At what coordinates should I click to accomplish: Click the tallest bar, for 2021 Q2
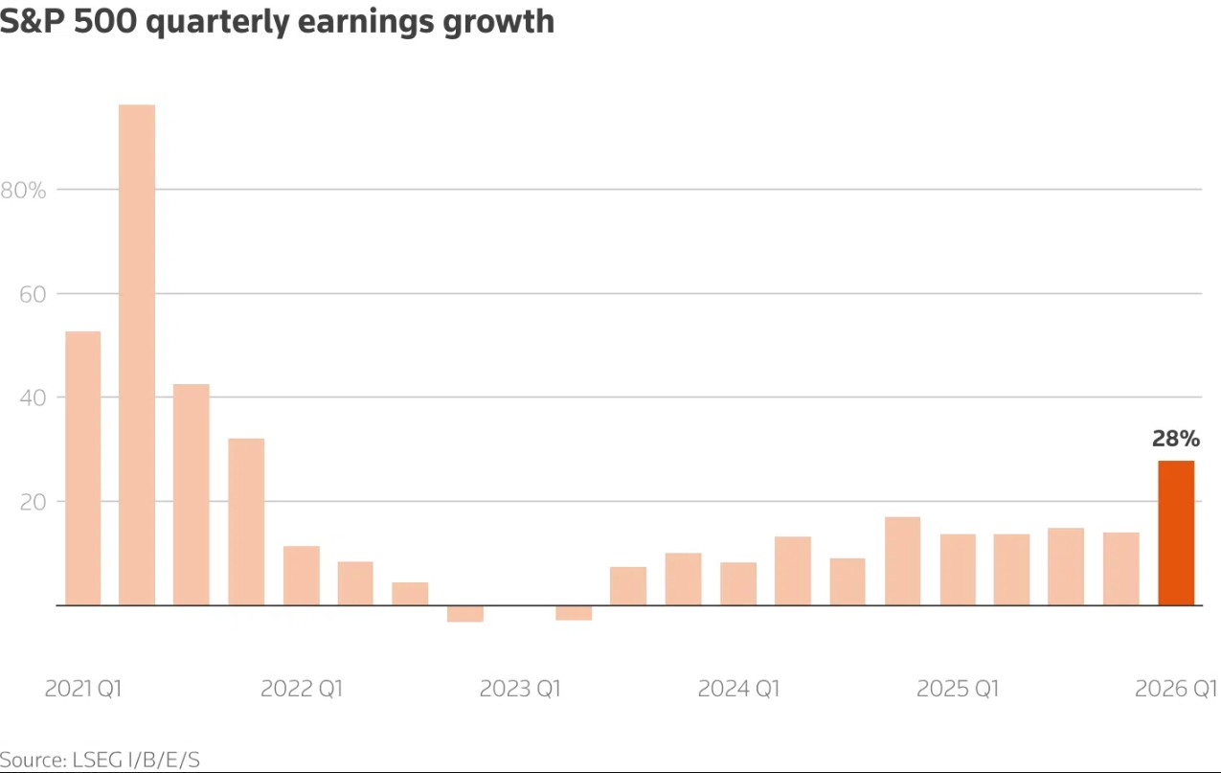point(137,354)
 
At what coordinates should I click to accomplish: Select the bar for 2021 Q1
point(83,468)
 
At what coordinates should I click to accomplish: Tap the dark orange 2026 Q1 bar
point(1176,534)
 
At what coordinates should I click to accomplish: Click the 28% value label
point(1176,439)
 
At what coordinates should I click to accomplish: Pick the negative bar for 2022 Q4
point(465,614)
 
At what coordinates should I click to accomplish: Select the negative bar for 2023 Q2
point(574,613)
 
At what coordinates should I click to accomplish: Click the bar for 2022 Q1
point(302,576)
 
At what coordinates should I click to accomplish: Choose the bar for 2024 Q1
point(738,584)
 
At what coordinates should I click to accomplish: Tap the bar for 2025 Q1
point(958,570)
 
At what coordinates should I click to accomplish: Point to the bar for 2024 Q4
point(903,561)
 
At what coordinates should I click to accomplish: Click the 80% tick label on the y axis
point(23,191)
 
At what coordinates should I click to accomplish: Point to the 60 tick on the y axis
point(33,294)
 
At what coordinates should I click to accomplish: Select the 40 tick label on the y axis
point(33,398)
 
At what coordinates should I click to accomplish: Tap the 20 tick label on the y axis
point(33,502)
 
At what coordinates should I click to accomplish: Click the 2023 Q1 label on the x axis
point(520,689)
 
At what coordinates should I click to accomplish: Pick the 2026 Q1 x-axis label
point(1176,689)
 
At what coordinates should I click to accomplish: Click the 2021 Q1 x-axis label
point(83,689)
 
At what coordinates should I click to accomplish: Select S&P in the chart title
point(32,21)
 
